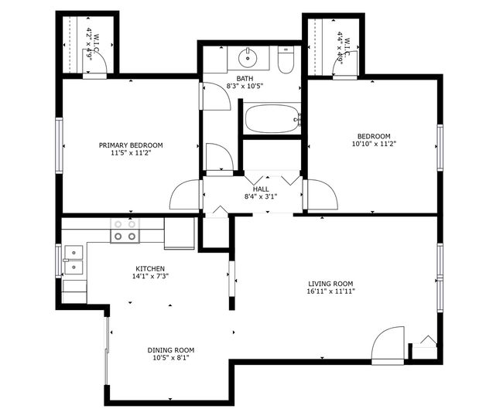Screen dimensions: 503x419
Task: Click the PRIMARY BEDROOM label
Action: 131,145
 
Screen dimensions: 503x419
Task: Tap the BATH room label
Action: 245,79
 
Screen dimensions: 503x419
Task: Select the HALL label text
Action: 261,189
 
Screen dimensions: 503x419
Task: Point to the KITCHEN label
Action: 150,269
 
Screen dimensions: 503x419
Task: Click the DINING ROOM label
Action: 171,350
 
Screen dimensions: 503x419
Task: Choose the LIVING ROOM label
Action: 330,284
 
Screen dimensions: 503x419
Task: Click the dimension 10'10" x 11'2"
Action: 374,144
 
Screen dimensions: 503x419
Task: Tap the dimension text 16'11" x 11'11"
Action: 330,291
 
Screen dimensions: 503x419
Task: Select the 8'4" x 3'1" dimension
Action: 261,196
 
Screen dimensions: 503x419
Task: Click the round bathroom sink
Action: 248,58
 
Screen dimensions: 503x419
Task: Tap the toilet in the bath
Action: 286,60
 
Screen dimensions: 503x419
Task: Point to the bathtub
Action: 272,118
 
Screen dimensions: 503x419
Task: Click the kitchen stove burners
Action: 125,230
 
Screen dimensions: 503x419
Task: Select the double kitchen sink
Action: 74,260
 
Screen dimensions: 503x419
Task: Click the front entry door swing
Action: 388,346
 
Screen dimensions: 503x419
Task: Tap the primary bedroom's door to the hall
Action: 185,195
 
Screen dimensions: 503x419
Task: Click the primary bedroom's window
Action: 59,145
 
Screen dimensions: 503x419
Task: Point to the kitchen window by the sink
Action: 58,261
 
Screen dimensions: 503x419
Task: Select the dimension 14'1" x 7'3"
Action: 150,276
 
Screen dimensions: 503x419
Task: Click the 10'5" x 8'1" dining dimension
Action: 171,358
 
